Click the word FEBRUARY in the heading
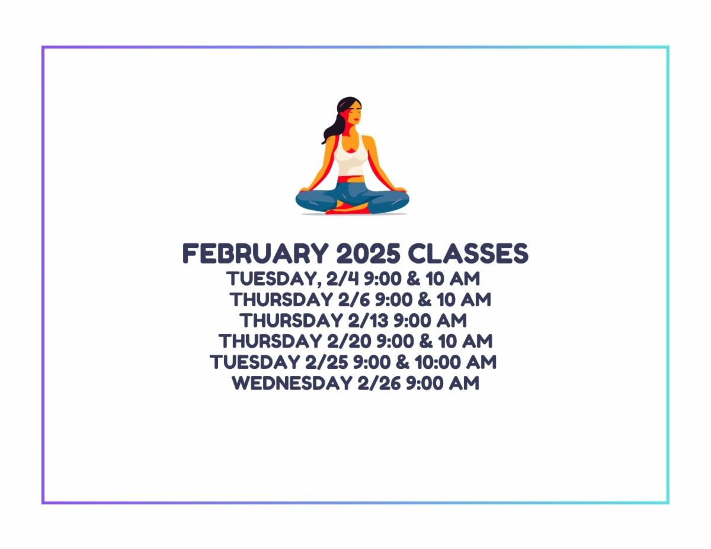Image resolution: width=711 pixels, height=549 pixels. pos(255,253)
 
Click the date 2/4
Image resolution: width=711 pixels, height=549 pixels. pos(342,278)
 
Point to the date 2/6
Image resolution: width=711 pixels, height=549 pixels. pos(355,300)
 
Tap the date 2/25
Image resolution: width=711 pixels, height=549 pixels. pos(326,362)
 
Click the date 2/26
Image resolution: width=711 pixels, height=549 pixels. pos(379,383)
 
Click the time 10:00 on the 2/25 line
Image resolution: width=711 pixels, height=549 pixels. pos(437,362)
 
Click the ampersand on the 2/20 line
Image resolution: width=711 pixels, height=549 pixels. pos(425,341)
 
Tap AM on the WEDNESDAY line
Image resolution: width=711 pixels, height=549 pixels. pos(464,383)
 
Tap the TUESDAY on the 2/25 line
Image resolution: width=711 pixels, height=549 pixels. pos(255,362)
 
